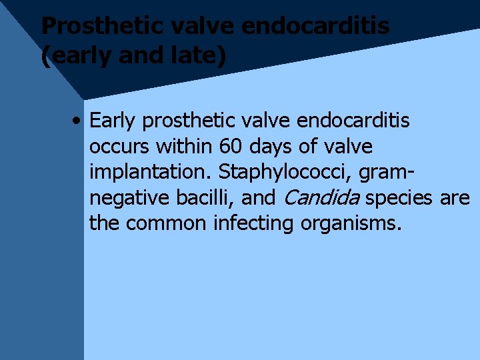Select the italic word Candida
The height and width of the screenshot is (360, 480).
point(323,197)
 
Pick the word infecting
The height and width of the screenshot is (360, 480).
point(254,223)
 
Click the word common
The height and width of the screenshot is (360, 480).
point(166,223)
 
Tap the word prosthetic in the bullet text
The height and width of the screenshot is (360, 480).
point(190,121)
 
